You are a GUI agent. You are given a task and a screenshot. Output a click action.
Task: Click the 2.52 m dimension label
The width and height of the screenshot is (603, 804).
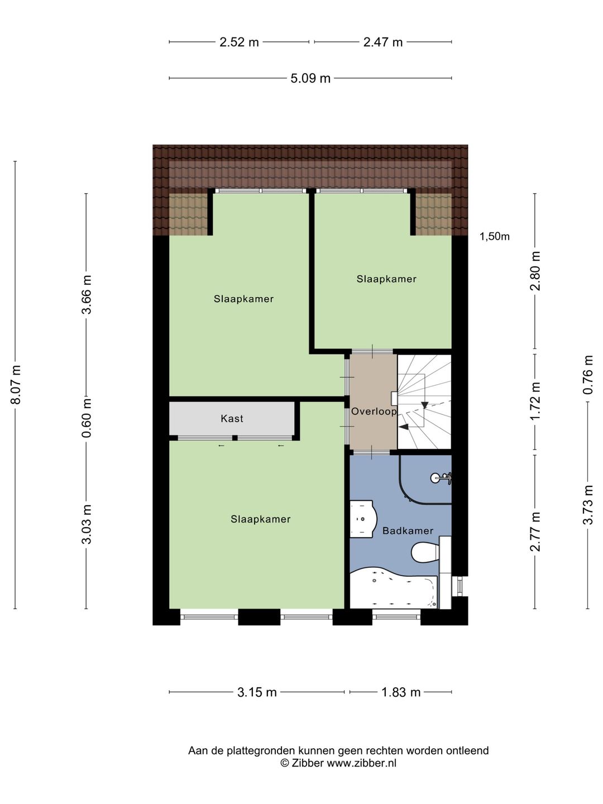point(239,42)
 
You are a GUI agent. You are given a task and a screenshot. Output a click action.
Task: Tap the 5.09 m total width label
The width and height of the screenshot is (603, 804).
point(310,78)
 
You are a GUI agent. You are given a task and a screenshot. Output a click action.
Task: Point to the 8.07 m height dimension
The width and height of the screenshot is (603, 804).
point(16,384)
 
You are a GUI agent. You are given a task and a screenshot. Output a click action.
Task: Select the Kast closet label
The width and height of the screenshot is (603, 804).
point(232,418)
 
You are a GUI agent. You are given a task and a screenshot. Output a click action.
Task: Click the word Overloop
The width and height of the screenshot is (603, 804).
point(374,411)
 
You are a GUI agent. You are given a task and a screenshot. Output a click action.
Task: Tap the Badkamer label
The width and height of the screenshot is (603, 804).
point(408,530)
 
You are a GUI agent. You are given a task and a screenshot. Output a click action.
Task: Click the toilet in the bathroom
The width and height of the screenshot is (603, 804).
point(427,552)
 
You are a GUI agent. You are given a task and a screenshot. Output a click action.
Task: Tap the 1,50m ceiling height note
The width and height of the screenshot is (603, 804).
point(494,237)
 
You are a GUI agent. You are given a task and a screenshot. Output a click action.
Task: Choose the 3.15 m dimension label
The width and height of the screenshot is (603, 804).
point(257,693)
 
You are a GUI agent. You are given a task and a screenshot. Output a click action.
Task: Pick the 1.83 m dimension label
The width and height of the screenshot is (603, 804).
point(401,693)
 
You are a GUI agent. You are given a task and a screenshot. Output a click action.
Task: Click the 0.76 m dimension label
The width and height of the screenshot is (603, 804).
point(587,374)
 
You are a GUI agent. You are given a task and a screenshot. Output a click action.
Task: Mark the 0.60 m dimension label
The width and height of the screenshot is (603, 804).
point(87,418)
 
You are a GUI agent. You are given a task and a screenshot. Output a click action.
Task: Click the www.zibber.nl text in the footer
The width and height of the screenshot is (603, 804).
point(361,763)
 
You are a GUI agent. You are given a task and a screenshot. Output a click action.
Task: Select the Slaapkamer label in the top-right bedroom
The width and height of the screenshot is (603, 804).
point(386,279)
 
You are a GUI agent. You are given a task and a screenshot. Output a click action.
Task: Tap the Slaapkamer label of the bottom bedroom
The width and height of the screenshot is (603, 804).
point(260,519)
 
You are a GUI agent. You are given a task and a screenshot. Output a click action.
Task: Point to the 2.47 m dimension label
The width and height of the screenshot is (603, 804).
point(383,42)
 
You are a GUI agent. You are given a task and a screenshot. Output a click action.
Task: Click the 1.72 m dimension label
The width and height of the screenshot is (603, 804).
point(535,401)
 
